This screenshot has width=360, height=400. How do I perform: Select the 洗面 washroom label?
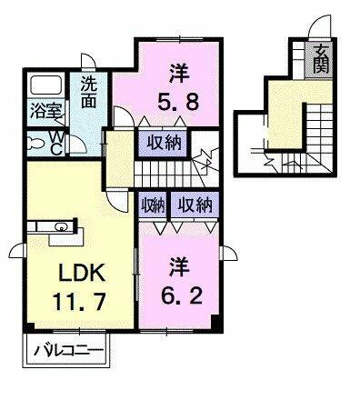(x=87, y=92)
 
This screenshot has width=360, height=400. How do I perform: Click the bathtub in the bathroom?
(x=45, y=87)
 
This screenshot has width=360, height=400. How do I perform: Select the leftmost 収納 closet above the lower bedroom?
(x=152, y=206)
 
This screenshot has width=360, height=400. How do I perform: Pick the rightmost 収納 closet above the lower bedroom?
(x=195, y=206)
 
